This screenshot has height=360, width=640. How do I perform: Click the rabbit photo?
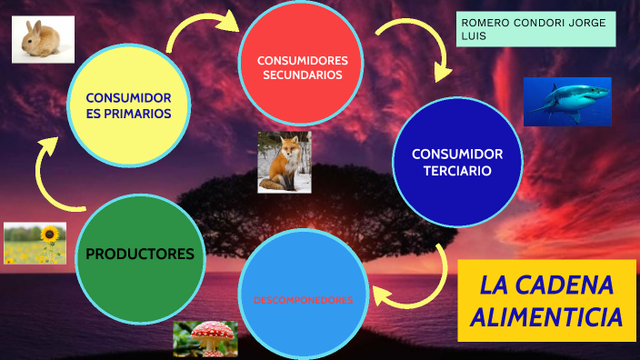43,40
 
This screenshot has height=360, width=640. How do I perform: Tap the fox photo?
284,162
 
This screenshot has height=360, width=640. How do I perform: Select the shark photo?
566,102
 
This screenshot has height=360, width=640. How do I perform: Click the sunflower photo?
35,243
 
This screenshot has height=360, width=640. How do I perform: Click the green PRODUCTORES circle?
140,254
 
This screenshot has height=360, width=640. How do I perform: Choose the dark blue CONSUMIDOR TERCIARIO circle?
456,162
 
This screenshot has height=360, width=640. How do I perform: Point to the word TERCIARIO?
457,170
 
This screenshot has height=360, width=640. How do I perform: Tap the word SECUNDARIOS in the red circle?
302,75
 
